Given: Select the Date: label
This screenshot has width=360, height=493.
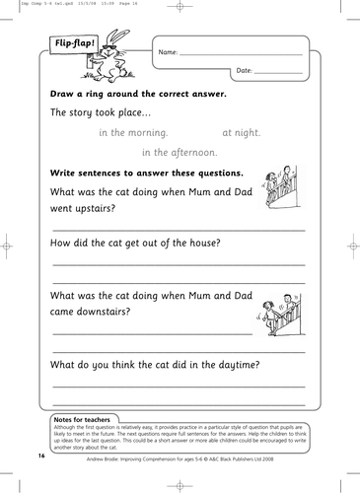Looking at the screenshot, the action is point(245,72).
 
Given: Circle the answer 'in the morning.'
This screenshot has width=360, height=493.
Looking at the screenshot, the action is point(133,131).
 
